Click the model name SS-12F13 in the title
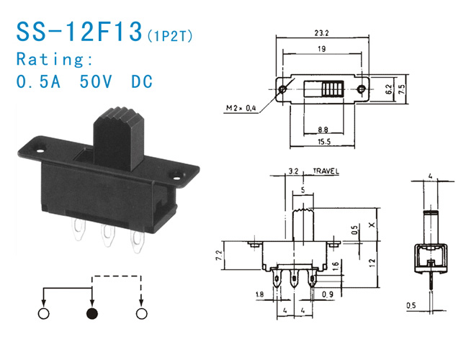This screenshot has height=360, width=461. pos(79,32)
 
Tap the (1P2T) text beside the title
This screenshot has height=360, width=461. pos(170,36)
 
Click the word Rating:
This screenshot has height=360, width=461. pos(55,59)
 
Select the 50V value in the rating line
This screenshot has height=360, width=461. pos(96,81)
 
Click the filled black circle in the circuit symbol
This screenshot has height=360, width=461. pos(92,314)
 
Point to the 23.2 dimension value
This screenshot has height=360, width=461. pos(321,33)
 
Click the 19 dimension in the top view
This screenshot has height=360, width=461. pos(322,49)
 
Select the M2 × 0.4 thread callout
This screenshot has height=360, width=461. pos(241,108)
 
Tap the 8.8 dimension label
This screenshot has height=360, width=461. pos(323,130)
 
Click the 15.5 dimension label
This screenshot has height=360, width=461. pos(324,142)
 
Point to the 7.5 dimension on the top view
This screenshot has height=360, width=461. pos(402,89)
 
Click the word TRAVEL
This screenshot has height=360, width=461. pos(326,171)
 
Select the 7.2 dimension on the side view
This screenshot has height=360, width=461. pos(219,255)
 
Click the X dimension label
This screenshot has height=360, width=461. pos(372,225)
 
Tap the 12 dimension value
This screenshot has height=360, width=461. pos(372,262)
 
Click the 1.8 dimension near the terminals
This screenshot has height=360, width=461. pos(259,294)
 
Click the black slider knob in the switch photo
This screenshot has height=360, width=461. pos(119,138)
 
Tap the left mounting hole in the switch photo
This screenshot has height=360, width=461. pos(40,151)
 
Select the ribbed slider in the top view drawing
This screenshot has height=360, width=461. pos(333,89)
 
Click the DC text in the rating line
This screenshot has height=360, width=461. pos(142,81)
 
